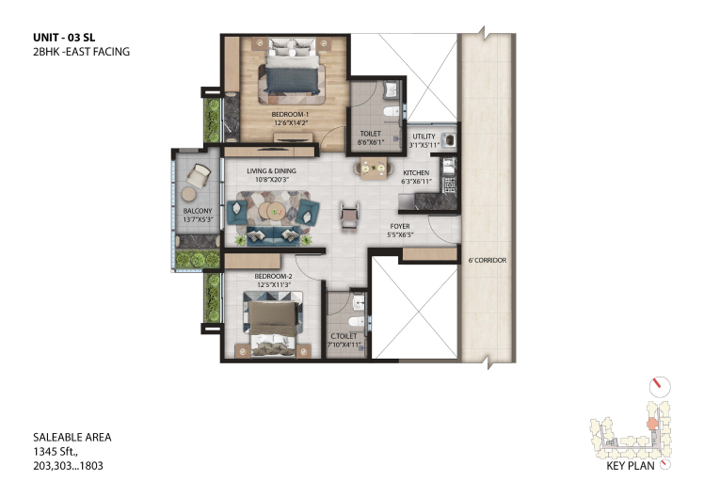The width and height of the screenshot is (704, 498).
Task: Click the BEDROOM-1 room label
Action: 290,115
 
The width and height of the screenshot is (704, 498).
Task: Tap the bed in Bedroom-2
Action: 273,324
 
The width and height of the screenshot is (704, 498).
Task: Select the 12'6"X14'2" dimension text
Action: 290,122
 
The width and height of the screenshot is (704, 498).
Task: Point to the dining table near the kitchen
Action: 374,168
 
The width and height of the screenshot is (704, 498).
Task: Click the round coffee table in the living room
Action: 270,210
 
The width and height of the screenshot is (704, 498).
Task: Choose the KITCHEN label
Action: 416,173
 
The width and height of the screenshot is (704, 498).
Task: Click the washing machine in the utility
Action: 449,140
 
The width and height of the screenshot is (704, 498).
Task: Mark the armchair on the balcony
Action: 198,176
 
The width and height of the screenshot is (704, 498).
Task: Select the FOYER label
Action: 400,226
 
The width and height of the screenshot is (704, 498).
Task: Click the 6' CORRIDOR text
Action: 488,261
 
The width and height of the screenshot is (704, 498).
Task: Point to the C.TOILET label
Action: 344,336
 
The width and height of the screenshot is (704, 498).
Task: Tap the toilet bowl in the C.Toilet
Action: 357,321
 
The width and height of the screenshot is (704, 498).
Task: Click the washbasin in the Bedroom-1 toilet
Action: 392,88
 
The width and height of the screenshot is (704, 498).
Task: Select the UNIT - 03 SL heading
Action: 64,38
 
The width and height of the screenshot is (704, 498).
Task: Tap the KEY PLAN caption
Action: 631,466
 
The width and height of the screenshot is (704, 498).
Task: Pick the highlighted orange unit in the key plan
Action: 650,424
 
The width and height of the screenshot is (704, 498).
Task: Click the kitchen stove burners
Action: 449,185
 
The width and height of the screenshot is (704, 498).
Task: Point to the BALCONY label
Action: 198,211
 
